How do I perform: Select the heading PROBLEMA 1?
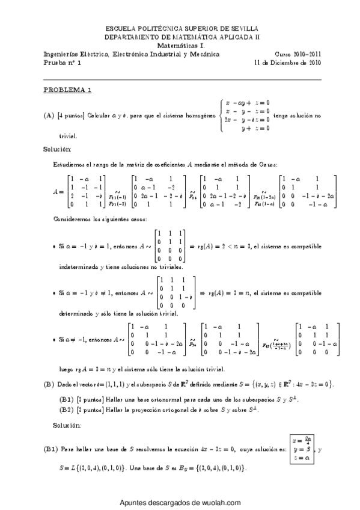67,91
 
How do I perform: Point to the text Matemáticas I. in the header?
180,45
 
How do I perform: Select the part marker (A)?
49,115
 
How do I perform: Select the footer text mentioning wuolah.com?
180,503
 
